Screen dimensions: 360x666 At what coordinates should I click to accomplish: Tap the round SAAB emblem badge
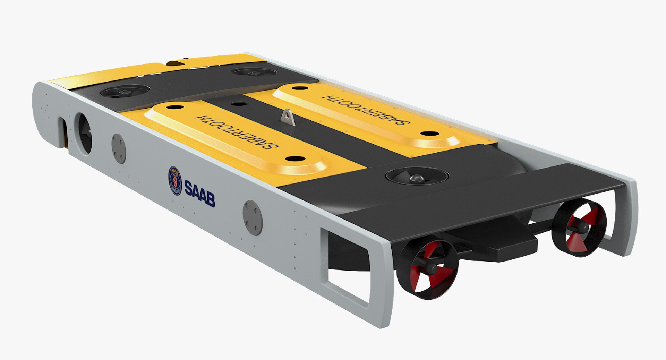[175, 181]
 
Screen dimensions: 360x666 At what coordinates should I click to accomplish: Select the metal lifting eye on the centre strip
[288, 117]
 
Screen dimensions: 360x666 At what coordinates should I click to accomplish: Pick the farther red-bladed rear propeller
[579, 228]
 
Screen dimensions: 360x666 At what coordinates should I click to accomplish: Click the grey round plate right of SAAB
[253, 218]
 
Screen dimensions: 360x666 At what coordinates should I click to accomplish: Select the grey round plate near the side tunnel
[119, 148]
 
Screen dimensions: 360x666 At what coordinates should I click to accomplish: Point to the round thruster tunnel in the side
[85, 133]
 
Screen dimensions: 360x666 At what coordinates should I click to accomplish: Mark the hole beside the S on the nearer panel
[295, 159]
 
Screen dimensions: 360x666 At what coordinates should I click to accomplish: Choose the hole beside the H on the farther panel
[300, 88]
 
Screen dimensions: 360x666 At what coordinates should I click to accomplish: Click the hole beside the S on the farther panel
[429, 134]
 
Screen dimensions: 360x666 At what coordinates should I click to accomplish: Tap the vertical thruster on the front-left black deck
[125, 91]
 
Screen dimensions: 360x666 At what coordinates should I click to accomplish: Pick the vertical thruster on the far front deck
[254, 72]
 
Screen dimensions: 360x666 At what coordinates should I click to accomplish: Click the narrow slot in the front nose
[63, 130]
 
